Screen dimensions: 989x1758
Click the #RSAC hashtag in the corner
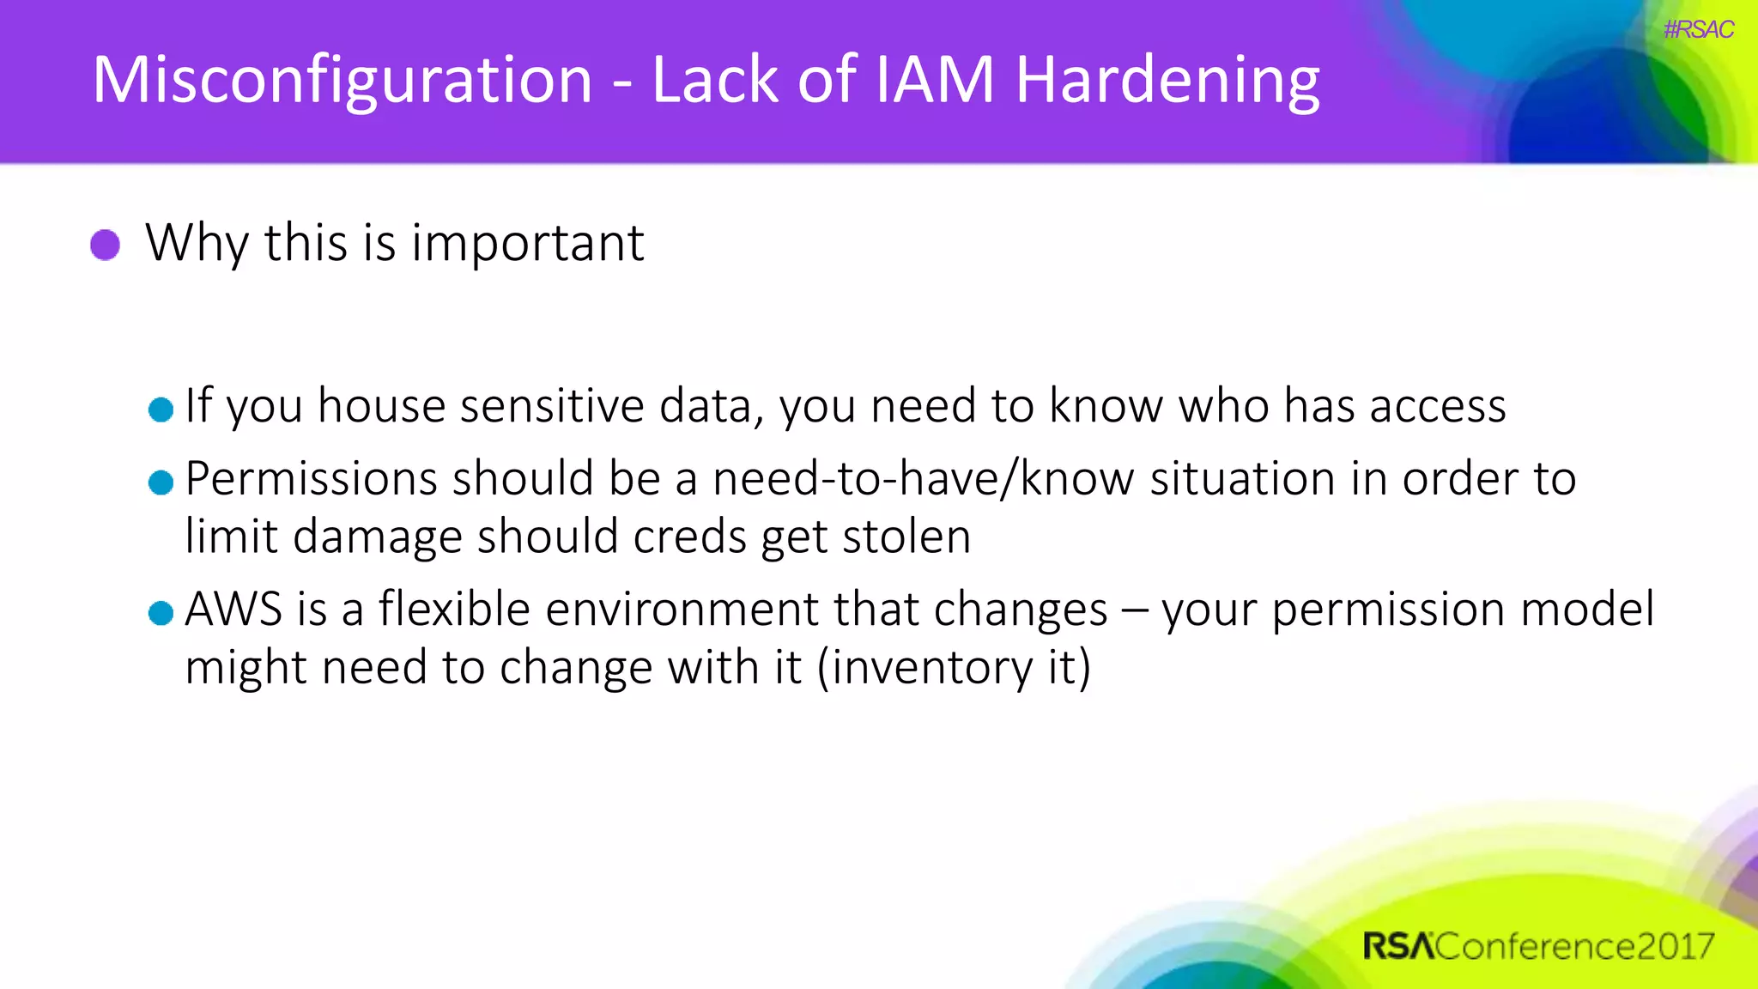click(x=1698, y=30)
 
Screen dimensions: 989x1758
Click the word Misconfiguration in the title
click(x=342, y=80)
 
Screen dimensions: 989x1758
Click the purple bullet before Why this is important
click(x=105, y=245)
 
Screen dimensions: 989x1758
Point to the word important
click(x=527, y=243)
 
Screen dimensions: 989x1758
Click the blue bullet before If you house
click(x=161, y=410)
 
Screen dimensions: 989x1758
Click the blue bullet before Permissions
click(x=161, y=482)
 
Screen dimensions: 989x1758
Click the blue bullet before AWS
click(x=161, y=613)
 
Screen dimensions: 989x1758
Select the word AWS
click(x=233, y=610)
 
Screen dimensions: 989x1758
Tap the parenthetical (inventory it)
click(x=953, y=668)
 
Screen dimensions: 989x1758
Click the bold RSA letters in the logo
click(x=1397, y=946)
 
